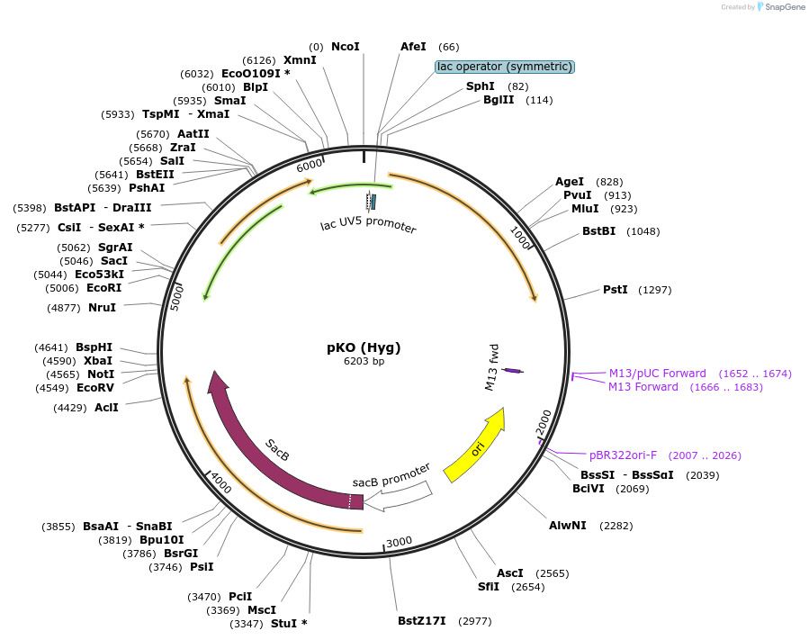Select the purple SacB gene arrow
coord(270,450)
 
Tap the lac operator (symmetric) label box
coord(504,67)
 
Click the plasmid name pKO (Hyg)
coord(364,347)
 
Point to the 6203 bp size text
coord(364,362)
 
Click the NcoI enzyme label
coord(345,47)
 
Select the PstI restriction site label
coord(615,290)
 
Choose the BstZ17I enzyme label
coord(421,621)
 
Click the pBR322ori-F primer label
coord(623,455)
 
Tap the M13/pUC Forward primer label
coord(657,374)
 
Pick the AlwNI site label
coord(567,526)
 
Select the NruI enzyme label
coord(102,308)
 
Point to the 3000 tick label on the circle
coord(399,542)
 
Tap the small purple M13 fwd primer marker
coord(513,370)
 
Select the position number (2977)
coord(474,621)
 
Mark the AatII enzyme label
coord(193,134)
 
